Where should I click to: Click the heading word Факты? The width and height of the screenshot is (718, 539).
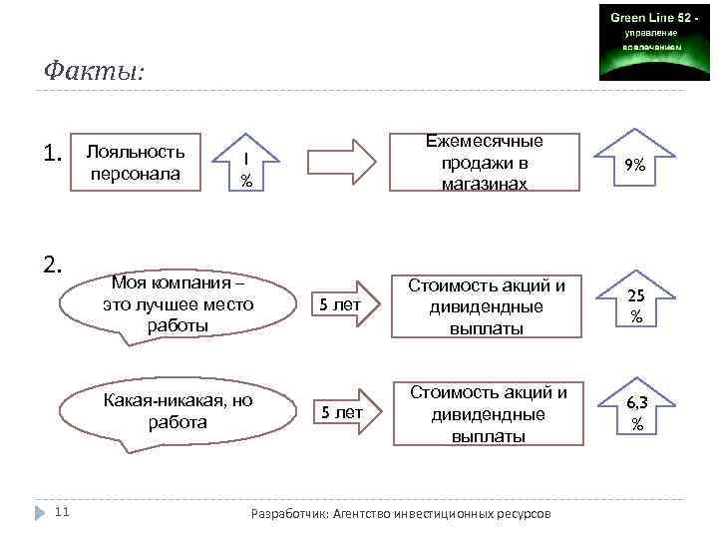point(94,72)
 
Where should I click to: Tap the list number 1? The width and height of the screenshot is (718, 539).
point(54,154)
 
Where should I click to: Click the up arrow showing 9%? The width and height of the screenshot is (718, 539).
point(634,163)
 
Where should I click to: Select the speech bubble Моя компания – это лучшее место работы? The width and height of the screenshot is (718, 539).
point(179,304)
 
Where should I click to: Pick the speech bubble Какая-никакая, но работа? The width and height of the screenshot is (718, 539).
point(179,411)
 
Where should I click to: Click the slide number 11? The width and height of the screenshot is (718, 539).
point(61,512)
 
